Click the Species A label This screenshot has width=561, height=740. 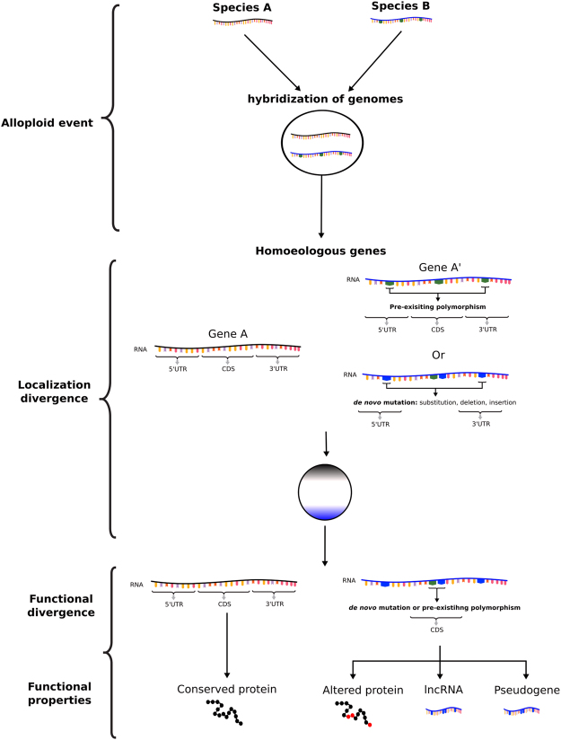pyautogui.click(x=243, y=8)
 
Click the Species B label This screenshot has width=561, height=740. pyautogui.click(x=402, y=7)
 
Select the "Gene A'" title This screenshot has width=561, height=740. pyautogui.click(x=436, y=267)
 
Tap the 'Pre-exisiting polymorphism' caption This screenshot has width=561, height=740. pyautogui.click(x=437, y=307)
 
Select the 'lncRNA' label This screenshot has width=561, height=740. pyautogui.click(x=442, y=690)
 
